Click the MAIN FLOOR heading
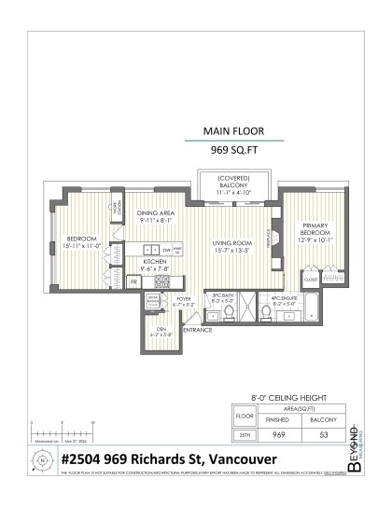234,131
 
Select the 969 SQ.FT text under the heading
234,148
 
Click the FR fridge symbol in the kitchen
133,280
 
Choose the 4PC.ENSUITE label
283,299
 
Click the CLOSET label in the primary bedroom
310,277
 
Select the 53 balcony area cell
324,433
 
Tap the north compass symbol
41,460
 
